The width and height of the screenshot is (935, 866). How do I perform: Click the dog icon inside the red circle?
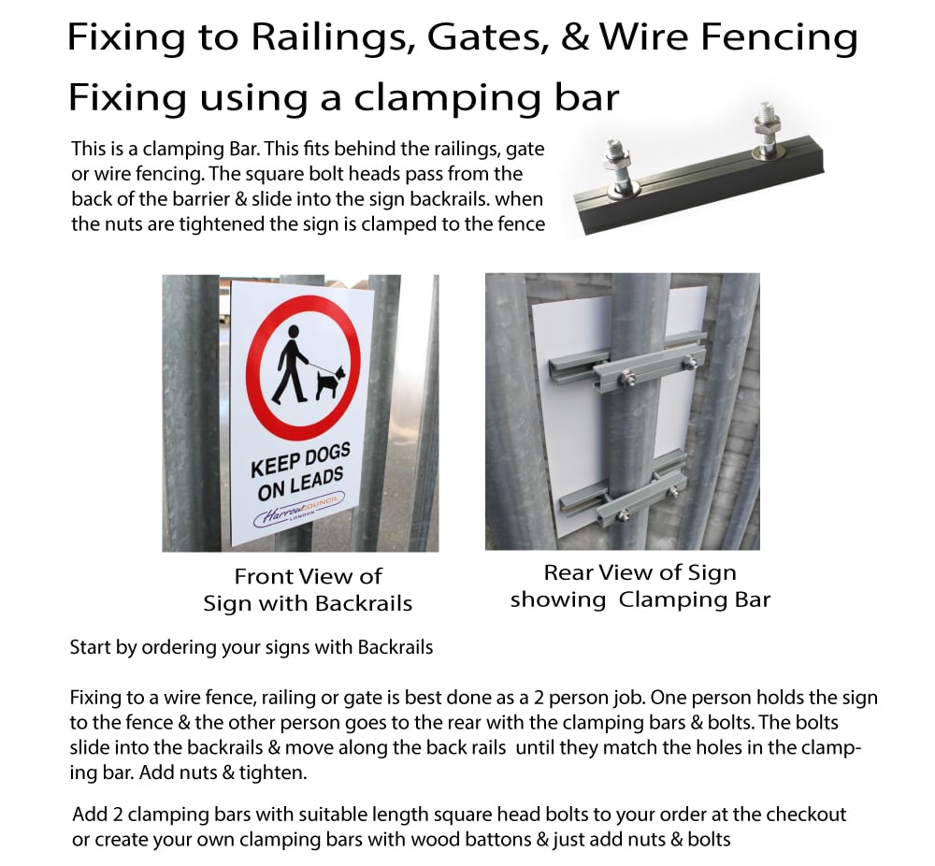click(330, 382)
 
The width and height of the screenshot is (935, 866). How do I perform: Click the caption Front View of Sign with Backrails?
click(308, 590)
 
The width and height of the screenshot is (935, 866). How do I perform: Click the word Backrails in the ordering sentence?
click(396, 647)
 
